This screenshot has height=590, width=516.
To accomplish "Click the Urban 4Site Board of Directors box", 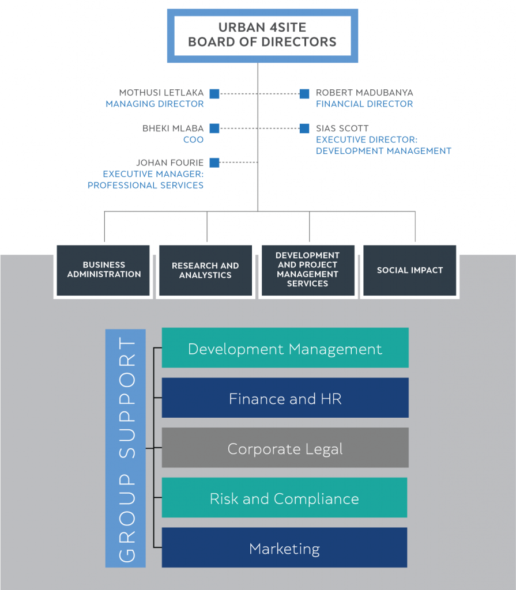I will [262, 36].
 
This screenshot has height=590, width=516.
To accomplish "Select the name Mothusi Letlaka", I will [161, 93].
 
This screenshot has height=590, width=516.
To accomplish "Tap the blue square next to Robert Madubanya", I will [304, 93].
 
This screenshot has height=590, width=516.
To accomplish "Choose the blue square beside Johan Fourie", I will [214, 162].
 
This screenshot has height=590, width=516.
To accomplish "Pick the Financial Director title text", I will [364, 104].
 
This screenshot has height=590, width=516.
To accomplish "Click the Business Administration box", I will [104, 270].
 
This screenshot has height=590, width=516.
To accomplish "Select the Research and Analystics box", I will [205, 270].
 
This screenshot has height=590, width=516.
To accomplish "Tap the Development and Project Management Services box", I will [307, 270].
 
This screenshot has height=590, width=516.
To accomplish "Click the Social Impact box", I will [409, 270].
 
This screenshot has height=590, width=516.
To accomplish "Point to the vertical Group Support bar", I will [126, 448].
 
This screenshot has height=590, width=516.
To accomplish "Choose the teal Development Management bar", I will [285, 348].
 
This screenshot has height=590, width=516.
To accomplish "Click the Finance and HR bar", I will [285, 398].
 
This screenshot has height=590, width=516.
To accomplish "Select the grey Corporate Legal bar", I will [285, 448].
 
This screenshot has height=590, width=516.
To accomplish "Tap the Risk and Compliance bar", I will [284, 498].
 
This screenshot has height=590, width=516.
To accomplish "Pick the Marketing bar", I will [284, 548].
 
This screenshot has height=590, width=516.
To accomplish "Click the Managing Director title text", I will [155, 104].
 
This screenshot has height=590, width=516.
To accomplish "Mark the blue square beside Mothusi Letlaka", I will [214, 93].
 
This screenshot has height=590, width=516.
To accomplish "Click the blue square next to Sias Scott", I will [304, 128].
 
